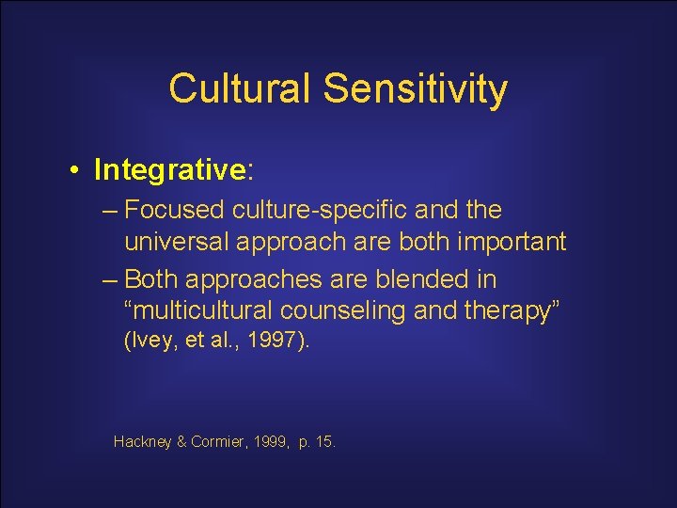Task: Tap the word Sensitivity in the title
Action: coord(415,89)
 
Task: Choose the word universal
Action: coord(179,242)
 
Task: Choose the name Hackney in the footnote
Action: coord(143,440)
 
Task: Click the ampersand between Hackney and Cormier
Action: coord(181,440)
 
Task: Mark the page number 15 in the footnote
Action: coord(324,440)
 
